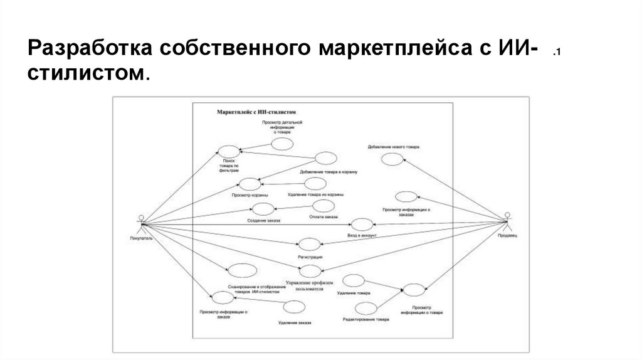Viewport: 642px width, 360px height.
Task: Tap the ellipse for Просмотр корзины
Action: coord(250,184)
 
